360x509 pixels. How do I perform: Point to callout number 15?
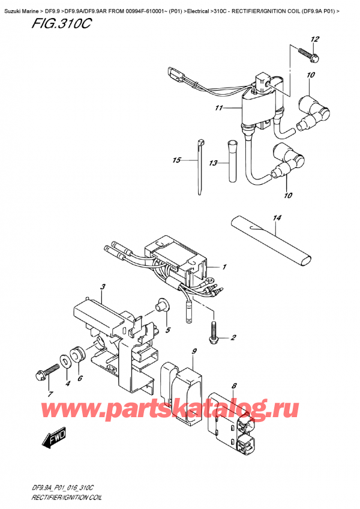tap(175, 160)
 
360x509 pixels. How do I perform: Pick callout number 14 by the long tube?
tap(277, 229)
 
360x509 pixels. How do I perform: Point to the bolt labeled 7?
tap(41, 375)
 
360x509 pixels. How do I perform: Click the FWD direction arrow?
tap(53, 441)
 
